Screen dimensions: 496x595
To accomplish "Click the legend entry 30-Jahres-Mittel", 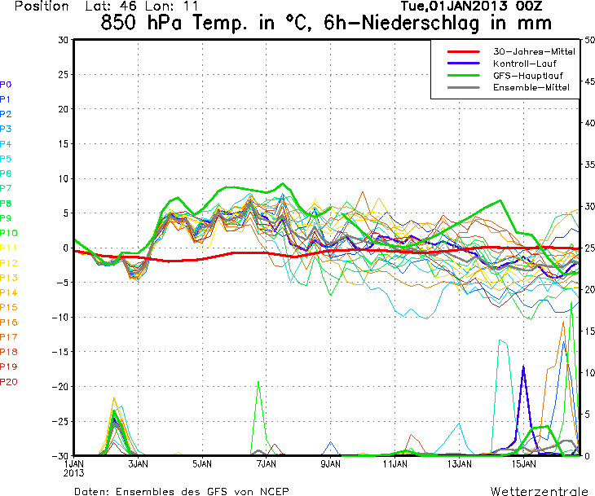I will click(x=534, y=51).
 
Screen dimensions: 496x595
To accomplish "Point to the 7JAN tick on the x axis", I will click(x=266, y=463).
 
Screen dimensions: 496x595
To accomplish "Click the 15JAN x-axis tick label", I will click(x=523, y=463).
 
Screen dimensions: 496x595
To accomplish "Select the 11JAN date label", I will click(x=394, y=463).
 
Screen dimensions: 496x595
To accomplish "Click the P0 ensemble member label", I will click(x=6, y=85).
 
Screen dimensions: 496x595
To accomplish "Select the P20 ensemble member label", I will click(x=9, y=381).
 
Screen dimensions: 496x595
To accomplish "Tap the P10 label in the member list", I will click(x=9, y=233).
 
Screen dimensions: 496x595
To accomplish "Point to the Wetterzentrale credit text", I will click(x=538, y=491).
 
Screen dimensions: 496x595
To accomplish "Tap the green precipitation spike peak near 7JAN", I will click(x=259, y=382).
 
